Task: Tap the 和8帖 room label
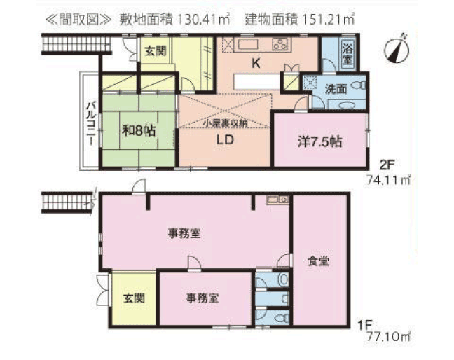[x=139, y=131]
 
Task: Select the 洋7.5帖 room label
[x=320, y=141]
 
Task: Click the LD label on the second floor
[x=226, y=140]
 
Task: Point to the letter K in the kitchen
[x=256, y=63]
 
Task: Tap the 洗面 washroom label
[x=336, y=89]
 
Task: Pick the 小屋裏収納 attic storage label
[x=225, y=123]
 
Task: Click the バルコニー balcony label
[x=90, y=123]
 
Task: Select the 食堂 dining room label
[x=318, y=261]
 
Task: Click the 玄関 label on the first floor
[x=134, y=298]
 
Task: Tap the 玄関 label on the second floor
[x=156, y=51]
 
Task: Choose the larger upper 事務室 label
[x=184, y=233]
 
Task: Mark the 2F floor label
[x=387, y=165]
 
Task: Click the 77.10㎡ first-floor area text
[x=389, y=337]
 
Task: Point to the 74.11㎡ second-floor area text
[x=389, y=180]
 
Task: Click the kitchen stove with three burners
[x=280, y=44]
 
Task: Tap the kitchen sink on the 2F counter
[x=248, y=44]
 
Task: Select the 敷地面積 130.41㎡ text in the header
[x=174, y=20]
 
